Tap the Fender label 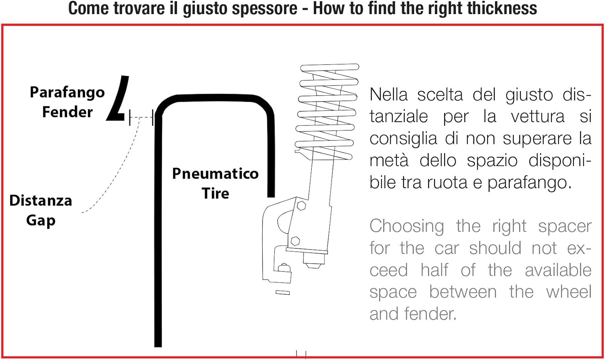coord(67,112)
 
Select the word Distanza coord(41,200)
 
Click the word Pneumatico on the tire coord(215,173)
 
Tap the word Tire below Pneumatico coord(215,193)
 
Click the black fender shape coord(118,98)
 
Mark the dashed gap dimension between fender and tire coord(141,117)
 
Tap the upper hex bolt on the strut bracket coord(301,206)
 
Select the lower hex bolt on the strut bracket coord(295,240)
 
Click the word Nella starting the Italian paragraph coord(388,95)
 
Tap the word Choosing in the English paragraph coord(407,227)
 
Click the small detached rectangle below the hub coord(283,292)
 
